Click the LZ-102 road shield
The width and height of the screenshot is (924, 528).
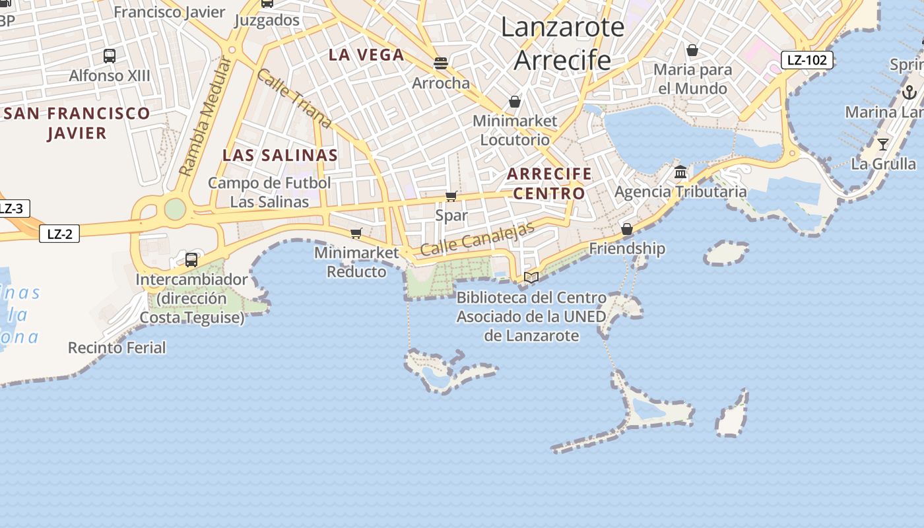807,60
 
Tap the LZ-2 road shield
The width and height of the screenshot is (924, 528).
59,234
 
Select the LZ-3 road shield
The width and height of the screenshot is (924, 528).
11,209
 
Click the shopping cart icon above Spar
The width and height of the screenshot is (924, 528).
451,196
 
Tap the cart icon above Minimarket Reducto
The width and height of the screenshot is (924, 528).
356,233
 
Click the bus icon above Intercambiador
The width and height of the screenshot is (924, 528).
191,260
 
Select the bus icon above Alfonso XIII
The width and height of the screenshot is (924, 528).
110,56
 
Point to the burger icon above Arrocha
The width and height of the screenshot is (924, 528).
441,63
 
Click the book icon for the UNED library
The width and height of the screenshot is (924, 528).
531,278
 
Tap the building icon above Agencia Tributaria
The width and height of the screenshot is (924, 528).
680,173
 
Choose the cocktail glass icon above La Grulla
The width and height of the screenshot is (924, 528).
883,144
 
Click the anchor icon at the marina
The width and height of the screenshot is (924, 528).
909,92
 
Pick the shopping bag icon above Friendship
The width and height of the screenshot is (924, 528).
627,229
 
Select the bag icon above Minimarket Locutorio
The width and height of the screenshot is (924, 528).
515,102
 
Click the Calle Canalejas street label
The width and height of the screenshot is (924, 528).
477,240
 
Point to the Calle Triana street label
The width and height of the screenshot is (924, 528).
294,98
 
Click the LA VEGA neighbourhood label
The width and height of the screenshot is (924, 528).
366,55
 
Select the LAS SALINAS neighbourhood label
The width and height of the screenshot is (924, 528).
280,156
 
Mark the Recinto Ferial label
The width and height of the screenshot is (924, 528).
117,347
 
